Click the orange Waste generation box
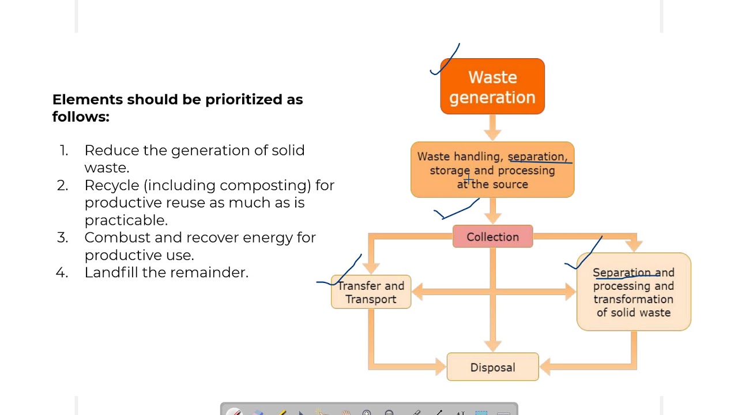tap(492, 86)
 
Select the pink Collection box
tap(492, 237)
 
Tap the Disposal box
tap(492, 367)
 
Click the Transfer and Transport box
tap(371, 292)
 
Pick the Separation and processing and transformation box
tap(633, 292)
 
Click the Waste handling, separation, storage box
tap(492, 170)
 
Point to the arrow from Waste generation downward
tap(492, 127)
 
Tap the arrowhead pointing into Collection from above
tap(492, 217)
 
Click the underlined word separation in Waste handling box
tap(536, 157)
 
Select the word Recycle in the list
tap(112, 185)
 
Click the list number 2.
tap(63, 185)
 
